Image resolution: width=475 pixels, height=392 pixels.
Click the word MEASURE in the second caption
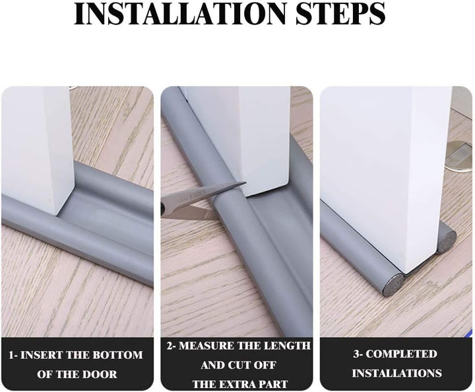219,346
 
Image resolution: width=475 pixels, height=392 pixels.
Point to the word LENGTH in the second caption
288,346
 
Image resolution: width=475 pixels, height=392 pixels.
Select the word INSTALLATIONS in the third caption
396,373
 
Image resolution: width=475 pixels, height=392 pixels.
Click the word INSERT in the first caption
43,354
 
